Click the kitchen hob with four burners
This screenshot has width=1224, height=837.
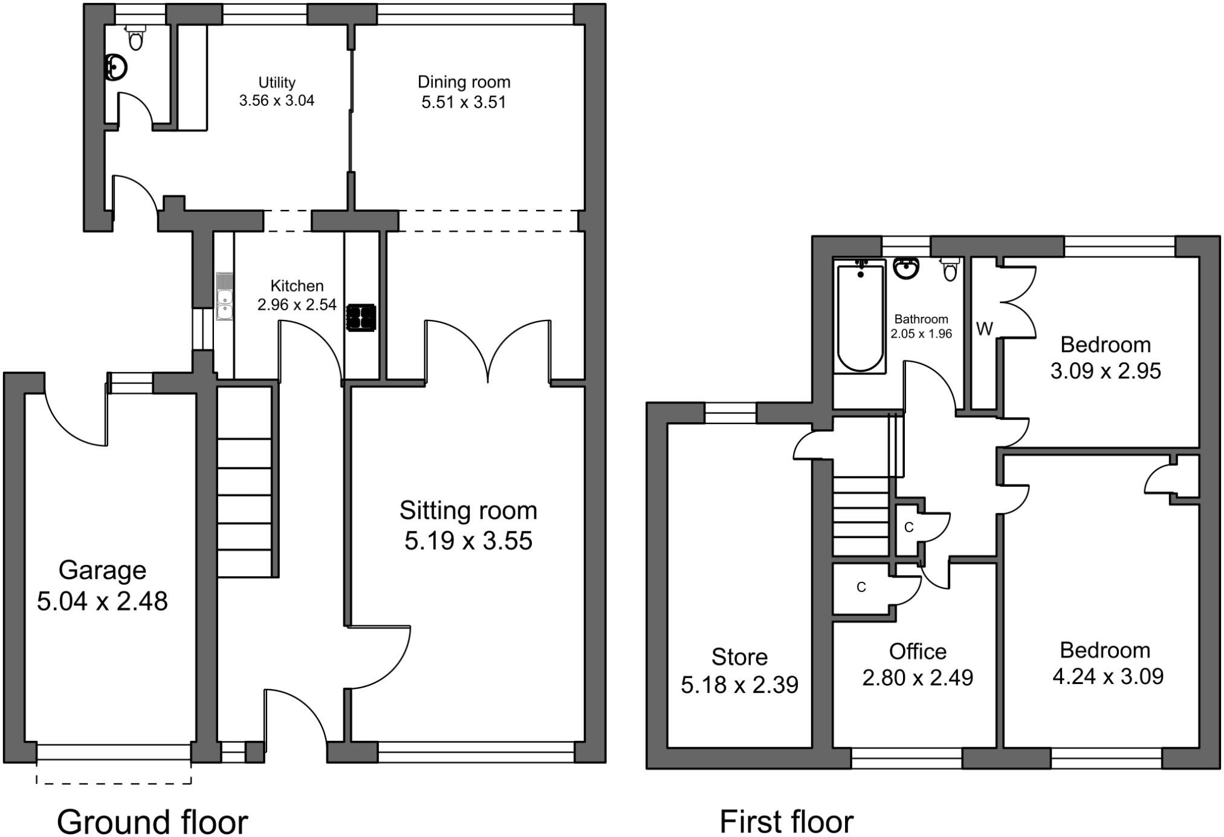click(x=361, y=318)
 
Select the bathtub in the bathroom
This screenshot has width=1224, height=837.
click(x=860, y=318)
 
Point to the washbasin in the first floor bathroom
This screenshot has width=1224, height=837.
click(x=905, y=268)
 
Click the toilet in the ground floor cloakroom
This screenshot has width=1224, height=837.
click(x=136, y=37)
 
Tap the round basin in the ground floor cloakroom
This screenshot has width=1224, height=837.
click(x=115, y=67)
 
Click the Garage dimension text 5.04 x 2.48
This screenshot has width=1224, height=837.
click(x=102, y=601)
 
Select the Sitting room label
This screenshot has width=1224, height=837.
click(x=468, y=510)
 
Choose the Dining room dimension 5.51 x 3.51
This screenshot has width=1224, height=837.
click(x=464, y=102)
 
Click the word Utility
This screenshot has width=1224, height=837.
click(x=277, y=82)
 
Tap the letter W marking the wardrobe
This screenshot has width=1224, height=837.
click(x=984, y=329)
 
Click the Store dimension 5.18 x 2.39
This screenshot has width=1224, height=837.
click(x=739, y=685)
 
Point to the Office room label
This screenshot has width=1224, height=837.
click(x=918, y=651)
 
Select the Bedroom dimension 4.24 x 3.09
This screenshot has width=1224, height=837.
click(x=1107, y=676)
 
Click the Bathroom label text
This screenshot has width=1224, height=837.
click(x=921, y=319)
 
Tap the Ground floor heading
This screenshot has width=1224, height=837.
click(x=152, y=821)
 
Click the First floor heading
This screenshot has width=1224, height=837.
click(x=786, y=821)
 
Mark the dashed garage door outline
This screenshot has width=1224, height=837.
click(x=114, y=783)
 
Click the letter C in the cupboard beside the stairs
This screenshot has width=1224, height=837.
click(x=908, y=527)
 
